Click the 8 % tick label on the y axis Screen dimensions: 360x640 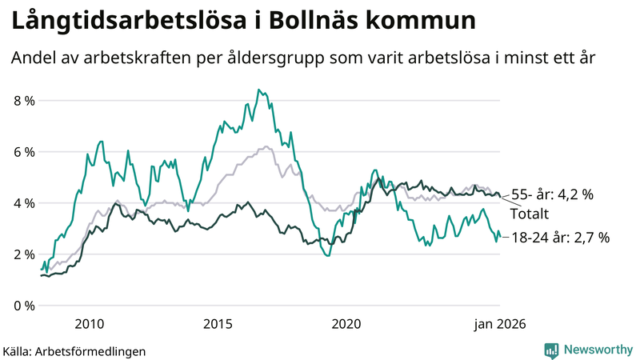[x=23, y=101]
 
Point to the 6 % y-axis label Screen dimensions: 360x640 [x=23, y=152]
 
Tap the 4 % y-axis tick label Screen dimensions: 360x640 [x=23, y=203]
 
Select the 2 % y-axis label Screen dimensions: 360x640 [x=23, y=254]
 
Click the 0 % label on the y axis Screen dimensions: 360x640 [x=23, y=306]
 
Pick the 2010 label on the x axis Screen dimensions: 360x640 [x=89, y=324]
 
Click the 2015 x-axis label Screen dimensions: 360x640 [x=218, y=324]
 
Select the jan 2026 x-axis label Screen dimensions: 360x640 [x=500, y=324]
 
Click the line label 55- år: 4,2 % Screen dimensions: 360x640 [x=552, y=194]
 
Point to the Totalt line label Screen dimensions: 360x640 [x=530, y=214]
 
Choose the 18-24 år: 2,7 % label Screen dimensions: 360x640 [x=560, y=237]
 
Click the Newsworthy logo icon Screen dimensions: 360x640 [x=551, y=350]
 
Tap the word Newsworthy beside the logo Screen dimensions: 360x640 [x=598, y=350]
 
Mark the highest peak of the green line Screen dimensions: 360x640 [x=258, y=90]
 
